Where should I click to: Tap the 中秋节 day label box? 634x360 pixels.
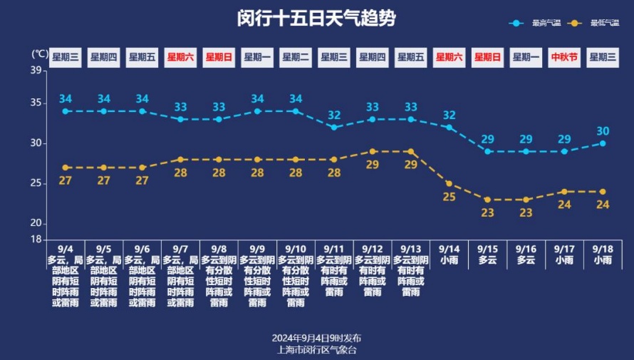tap(564, 58)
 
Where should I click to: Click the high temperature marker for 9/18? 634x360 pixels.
tap(603, 143)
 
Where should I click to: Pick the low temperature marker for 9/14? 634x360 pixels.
tap(449, 183)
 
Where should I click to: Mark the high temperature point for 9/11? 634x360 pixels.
tap(333, 127)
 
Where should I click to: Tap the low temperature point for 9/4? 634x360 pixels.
tap(66, 168)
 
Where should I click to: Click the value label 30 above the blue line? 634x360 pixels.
tap(603, 131)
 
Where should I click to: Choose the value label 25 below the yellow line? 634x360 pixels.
tap(449, 197)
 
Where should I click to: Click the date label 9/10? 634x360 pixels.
tap(295, 249)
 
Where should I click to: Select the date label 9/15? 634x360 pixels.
tap(487, 249)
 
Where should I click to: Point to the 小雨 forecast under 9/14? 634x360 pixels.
tap(449, 260)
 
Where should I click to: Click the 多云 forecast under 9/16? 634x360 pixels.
tap(526, 260)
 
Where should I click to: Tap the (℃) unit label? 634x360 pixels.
tap(40, 53)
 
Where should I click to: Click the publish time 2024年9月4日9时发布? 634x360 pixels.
tap(316, 338)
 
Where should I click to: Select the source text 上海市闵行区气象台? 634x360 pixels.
tap(316, 349)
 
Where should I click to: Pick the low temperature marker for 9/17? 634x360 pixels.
tap(564, 191)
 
